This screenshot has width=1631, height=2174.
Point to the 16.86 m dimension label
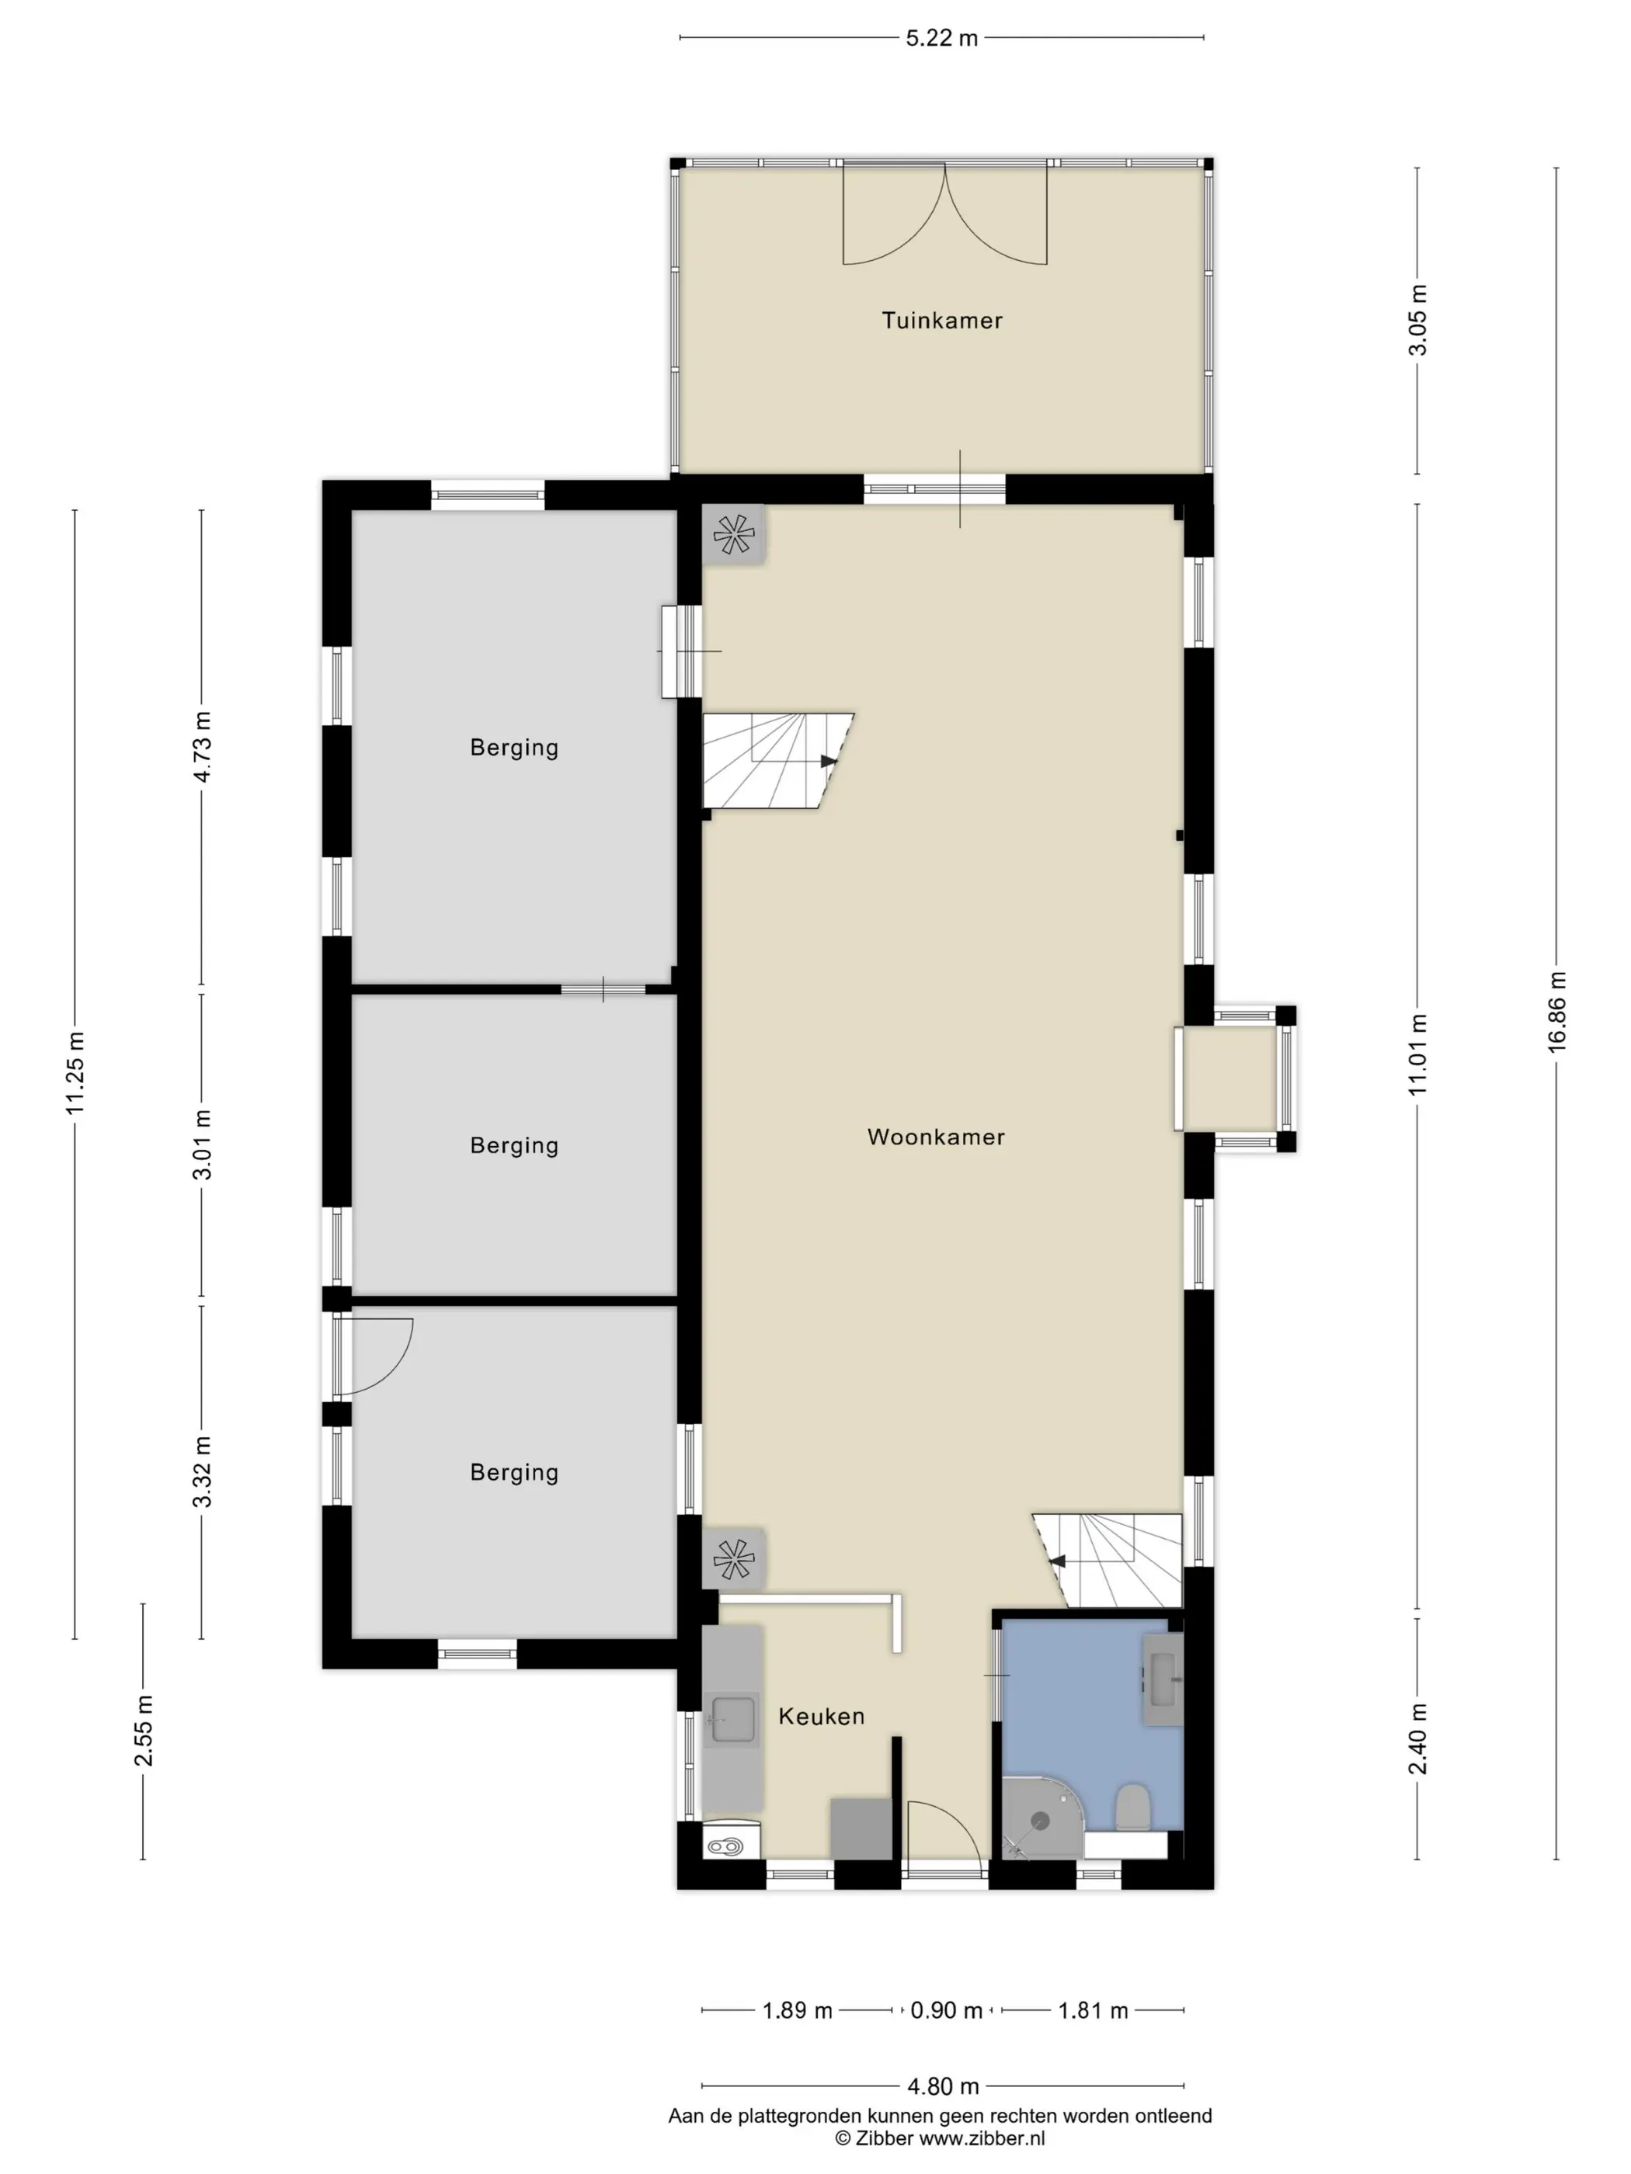(x=1556, y=1012)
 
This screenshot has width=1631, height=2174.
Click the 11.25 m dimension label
(x=75, y=1073)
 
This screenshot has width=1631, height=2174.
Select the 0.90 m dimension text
(x=946, y=2011)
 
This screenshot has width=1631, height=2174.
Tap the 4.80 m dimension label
(x=942, y=2085)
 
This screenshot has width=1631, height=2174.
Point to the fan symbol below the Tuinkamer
(x=733, y=536)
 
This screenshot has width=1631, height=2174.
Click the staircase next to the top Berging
(x=777, y=761)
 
